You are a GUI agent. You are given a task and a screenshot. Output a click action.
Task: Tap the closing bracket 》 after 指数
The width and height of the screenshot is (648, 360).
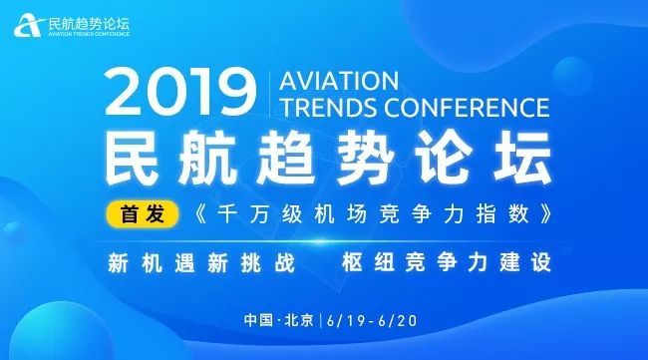541,213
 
